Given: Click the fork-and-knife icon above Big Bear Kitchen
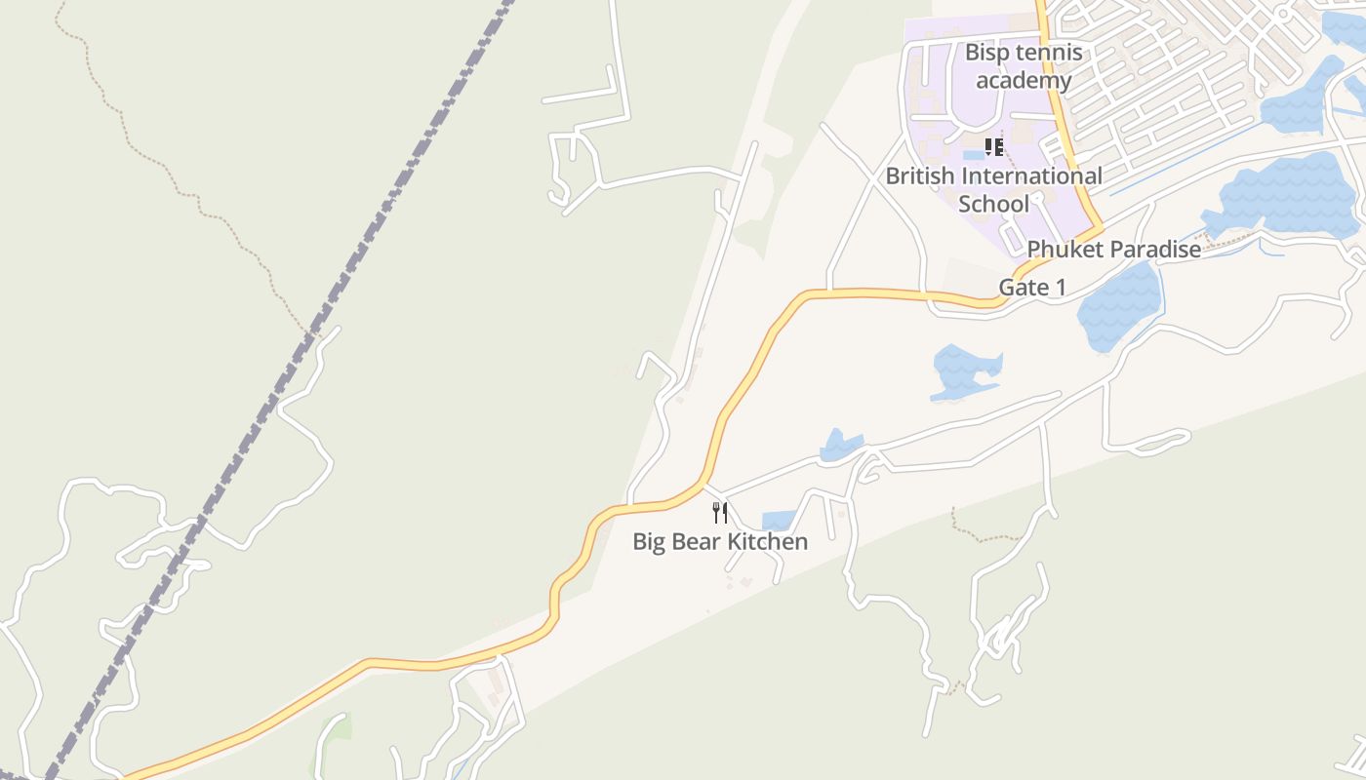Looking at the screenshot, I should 720,513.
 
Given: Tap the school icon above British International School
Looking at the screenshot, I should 993,147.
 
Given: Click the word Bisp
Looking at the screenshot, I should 986,53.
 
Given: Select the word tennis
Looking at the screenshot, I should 1049,53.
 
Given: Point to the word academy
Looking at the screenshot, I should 1024,80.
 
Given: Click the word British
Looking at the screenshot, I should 920,176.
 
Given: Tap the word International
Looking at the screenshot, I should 1032,176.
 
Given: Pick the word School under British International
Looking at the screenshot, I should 993,204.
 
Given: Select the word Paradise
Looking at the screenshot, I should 1155,250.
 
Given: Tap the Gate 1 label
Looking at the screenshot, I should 1032,288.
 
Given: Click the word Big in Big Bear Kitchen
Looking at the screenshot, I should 650,542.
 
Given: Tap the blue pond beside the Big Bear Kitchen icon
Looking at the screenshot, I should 779,522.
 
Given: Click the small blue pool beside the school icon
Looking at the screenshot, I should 973,155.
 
